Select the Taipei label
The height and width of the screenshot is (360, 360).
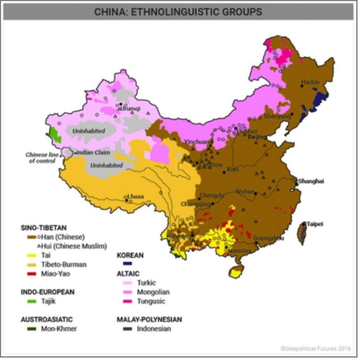point(315,224)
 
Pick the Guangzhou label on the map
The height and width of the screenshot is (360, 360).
point(268,238)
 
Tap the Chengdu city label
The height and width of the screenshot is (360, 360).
point(212,195)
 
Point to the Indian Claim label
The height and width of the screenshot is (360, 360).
point(93,153)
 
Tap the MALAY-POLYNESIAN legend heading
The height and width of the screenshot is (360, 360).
point(149,319)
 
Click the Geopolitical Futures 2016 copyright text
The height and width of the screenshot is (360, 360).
point(316,349)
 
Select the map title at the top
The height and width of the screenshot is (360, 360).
point(178,12)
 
